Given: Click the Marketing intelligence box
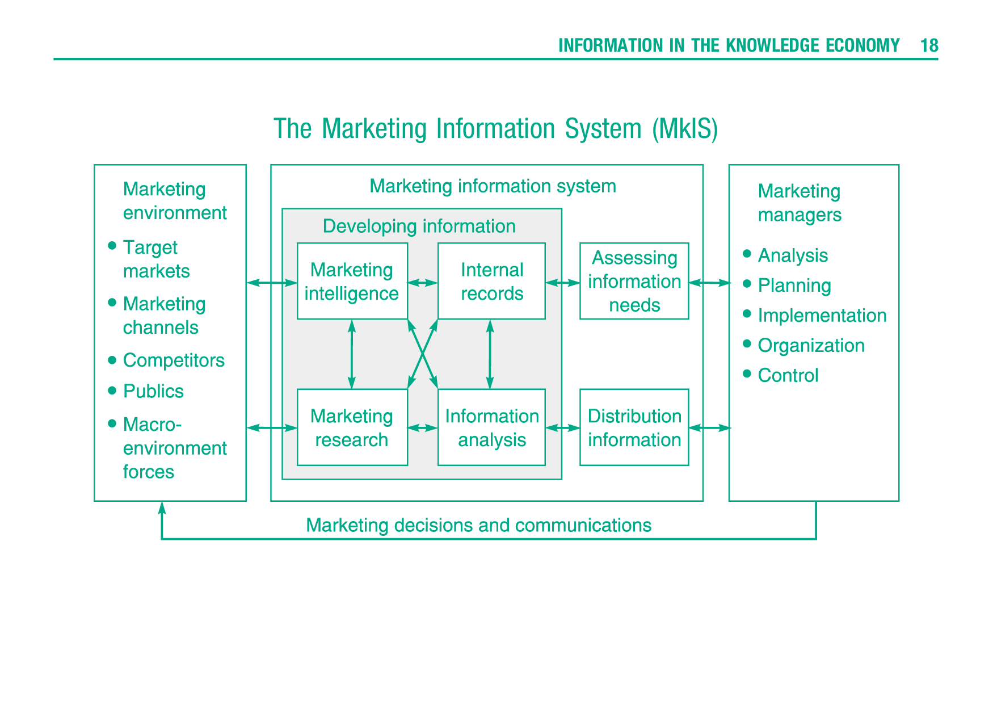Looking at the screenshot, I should point(352,282).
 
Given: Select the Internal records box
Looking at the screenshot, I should point(491,282).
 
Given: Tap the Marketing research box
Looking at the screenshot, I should point(352,427).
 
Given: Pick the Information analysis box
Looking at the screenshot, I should point(491,427).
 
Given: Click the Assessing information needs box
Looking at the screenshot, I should point(634,282).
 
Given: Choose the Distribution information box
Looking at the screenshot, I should point(634,427).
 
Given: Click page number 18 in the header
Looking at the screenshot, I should point(929,45).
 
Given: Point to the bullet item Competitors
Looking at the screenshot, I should point(174,360).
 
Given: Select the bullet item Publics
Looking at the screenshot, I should point(153,391).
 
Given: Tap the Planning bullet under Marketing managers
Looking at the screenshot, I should point(794,286).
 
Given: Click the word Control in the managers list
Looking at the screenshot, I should point(788,375).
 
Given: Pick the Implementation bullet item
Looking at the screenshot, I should point(822,316).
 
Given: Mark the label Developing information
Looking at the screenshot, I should point(419,226).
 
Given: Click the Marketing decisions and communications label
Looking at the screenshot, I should point(478,525).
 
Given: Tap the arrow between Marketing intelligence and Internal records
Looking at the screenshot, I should point(423,283).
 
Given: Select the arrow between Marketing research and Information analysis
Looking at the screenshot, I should point(423,428).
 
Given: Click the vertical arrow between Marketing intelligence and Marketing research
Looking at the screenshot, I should point(352,354).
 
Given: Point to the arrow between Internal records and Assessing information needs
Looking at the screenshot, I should point(562,283).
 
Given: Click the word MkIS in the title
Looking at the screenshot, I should point(685,129).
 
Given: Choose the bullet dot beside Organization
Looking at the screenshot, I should point(747,344).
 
